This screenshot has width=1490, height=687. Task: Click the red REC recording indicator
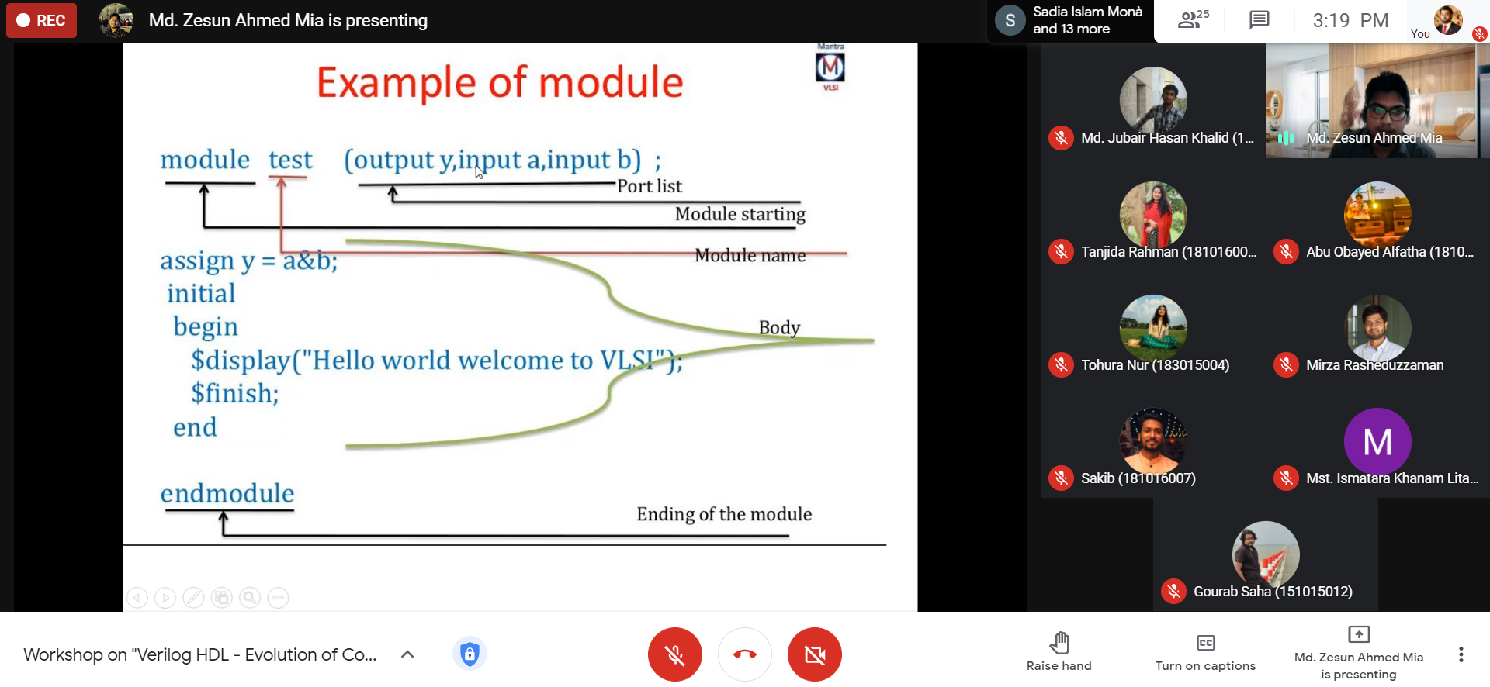pos(41,20)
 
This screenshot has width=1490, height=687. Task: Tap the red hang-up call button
pos(745,654)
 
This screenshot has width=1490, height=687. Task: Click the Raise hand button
pos(1059,651)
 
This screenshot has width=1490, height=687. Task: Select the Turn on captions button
pos(1205,652)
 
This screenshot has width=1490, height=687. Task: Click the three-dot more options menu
pos(1461,654)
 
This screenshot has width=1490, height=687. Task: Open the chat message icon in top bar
pos(1259,20)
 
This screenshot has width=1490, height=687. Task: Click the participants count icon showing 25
pos(1194,19)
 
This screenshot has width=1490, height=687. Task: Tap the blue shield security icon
pos(469,654)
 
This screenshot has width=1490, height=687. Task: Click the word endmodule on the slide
pos(227,493)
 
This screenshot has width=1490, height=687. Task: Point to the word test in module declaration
pos(290,160)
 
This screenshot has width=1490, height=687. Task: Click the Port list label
pos(650,186)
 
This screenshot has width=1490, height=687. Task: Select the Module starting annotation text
pos(740,214)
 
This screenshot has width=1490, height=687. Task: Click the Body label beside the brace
pos(779,327)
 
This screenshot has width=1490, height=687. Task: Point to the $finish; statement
pos(235,394)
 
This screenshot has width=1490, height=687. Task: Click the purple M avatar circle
pos(1377,442)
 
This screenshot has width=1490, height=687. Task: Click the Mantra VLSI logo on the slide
pos(830,67)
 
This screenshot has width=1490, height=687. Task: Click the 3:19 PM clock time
pos(1350,20)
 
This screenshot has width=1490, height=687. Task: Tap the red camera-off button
pos(815,654)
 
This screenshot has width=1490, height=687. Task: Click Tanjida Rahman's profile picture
pos(1153,215)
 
